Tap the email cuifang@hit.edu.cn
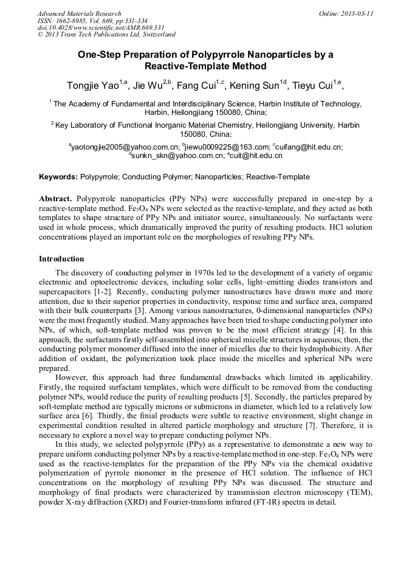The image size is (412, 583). [309, 147]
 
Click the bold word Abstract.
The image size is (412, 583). [56, 199]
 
